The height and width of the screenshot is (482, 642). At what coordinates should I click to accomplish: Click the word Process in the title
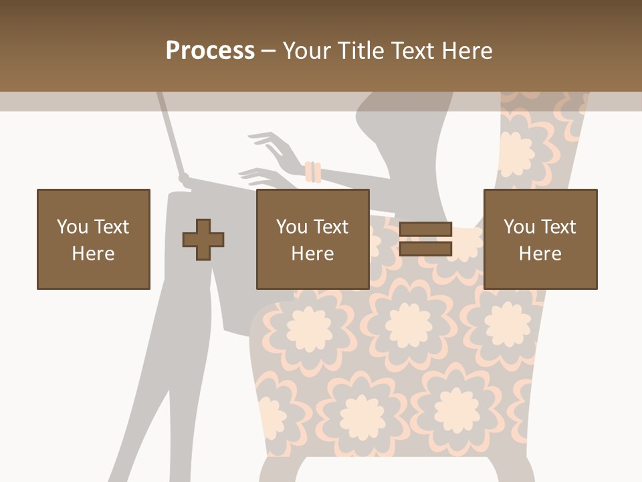[210, 51]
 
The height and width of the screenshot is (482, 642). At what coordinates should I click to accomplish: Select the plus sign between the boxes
[203, 240]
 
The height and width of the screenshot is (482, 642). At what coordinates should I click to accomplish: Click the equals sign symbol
[425, 239]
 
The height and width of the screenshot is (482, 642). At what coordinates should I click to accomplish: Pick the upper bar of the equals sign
[425, 230]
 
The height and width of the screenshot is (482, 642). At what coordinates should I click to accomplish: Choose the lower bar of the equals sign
[425, 249]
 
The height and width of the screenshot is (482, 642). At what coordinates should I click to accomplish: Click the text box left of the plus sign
[94, 239]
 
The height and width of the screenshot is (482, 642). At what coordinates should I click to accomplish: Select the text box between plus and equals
[312, 239]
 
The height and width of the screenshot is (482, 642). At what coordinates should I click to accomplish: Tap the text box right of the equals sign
[540, 239]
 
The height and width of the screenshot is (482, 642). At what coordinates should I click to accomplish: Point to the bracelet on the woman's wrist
[313, 172]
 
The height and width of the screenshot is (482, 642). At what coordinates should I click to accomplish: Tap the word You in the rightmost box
[519, 227]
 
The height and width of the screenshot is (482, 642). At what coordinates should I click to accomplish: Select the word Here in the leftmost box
[94, 254]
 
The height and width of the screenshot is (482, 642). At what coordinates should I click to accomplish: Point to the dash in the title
[268, 51]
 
